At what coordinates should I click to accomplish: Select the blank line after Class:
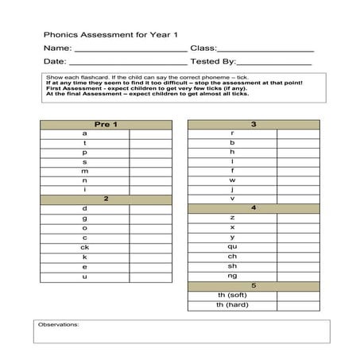click(265, 49)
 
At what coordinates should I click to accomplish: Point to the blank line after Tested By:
click(274, 61)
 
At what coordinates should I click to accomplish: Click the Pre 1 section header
click(106, 124)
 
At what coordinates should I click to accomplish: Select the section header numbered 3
click(254, 124)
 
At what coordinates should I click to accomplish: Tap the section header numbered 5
click(254, 285)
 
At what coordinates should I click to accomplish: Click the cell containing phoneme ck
click(84, 247)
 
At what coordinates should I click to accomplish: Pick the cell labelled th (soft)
click(232, 296)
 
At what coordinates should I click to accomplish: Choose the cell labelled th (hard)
click(232, 305)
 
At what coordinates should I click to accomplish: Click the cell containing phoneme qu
click(232, 246)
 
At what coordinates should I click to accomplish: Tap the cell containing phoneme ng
click(232, 276)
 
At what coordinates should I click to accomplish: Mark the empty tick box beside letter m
click(150, 171)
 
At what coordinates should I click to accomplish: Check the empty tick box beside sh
click(298, 266)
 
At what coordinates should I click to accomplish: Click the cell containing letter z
click(232, 217)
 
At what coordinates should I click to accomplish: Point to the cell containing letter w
click(232, 180)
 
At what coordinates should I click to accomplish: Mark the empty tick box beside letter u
click(150, 277)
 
